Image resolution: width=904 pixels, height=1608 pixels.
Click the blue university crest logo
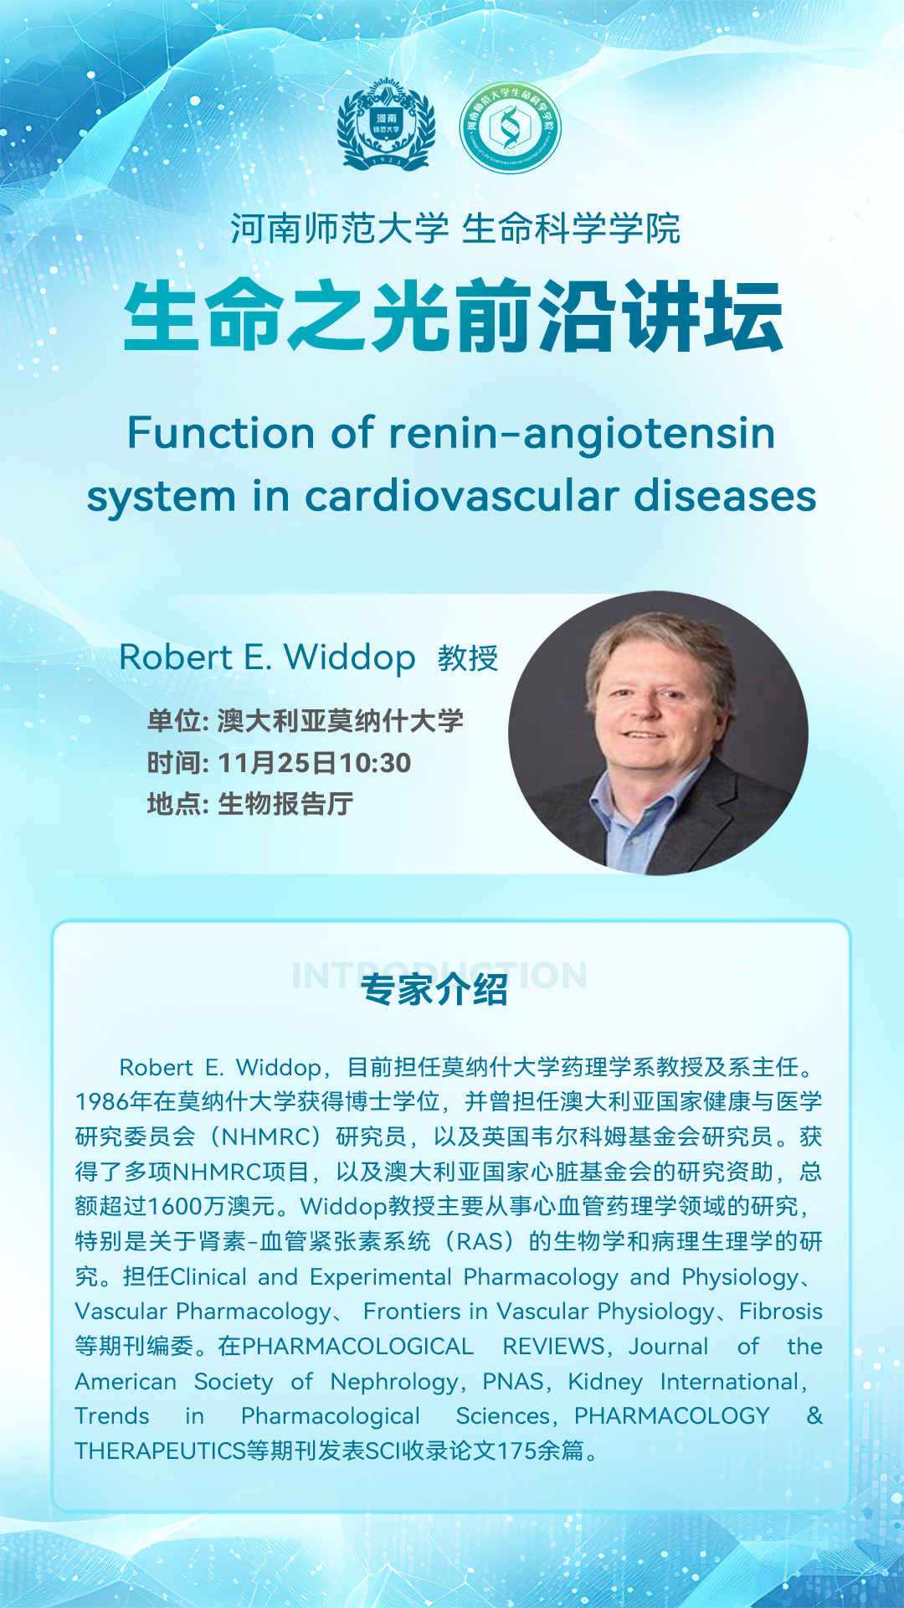386,126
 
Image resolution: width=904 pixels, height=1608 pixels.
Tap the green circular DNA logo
510,127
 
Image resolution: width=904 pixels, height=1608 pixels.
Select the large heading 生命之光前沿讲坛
453,317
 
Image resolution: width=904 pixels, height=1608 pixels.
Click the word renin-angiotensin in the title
582,433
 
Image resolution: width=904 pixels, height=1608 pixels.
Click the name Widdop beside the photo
350,658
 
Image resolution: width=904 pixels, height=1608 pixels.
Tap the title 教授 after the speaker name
468,658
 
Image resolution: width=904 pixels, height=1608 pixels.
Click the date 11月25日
278,763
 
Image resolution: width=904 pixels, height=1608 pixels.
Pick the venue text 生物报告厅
285,804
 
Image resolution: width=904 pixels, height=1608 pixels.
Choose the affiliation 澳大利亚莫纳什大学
341,720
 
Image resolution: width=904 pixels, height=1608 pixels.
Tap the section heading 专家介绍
434,990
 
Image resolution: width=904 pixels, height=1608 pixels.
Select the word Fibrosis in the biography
781,1311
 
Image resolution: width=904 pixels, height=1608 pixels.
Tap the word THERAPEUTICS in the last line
160,1451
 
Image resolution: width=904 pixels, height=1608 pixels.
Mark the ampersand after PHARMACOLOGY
814,1415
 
